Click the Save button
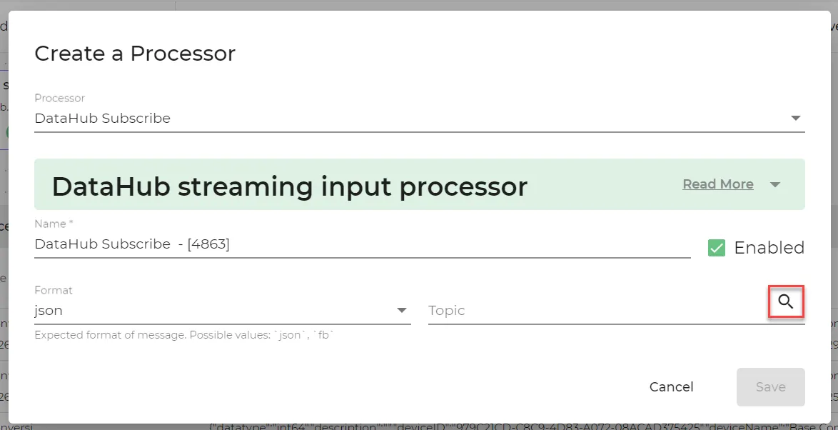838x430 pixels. (x=770, y=386)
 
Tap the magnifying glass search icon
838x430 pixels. (x=786, y=301)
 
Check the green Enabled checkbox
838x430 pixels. (x=716, y=248)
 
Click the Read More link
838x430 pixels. (x=717, y=184)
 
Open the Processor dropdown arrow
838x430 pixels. (x=796, y=119)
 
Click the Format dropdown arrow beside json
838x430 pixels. (x=402, y=311)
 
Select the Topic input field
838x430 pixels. (x=592, y=311)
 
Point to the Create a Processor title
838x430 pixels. (x=135, y=54)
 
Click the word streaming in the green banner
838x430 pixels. (x=246, y=186)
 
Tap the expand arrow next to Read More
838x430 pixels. (x=775, y=184)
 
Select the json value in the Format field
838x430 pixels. (x=49, y=311)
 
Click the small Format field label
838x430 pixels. (x=54, y=290)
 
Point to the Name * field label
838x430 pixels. (x=54, y=224)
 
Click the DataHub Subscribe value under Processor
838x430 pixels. (x=102, y=119)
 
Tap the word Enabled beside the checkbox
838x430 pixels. (x=769, y=248)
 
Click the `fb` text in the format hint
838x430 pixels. (x=325, y=334)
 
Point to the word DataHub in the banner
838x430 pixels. (x=110, y=186)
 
